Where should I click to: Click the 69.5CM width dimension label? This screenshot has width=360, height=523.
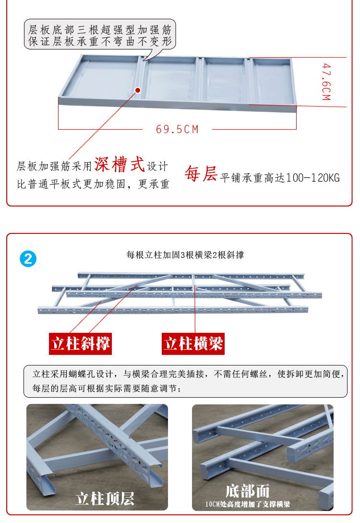(177, 129)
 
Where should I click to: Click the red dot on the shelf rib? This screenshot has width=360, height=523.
(138, 90)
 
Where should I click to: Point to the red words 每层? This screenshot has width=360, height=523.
(201, 174)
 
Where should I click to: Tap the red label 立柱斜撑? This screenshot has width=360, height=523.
(81, 344)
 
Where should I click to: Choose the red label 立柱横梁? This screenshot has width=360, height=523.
(193, 344)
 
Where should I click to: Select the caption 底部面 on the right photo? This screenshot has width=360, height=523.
(247, 490)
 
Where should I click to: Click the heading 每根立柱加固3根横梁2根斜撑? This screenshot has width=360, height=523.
(185, 255)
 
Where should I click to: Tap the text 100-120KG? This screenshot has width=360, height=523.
(312, 178)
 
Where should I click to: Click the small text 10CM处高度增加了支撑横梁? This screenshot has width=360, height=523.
(248, 505)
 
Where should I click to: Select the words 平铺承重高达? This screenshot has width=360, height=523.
(252, 178)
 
